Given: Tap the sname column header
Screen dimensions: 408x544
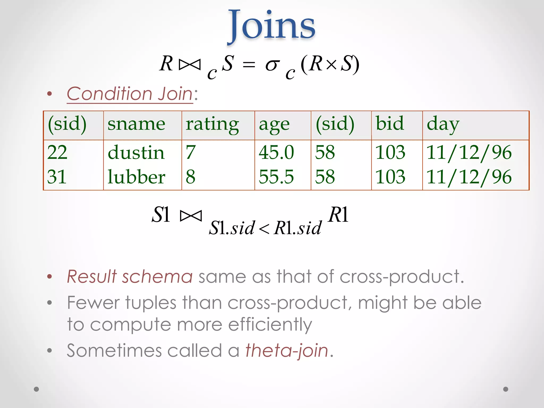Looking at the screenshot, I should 136,124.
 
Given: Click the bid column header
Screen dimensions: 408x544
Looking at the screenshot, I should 390,124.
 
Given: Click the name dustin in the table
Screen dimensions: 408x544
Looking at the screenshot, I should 136,153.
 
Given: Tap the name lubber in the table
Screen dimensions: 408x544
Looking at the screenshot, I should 136,177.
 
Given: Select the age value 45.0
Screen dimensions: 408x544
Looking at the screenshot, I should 276,153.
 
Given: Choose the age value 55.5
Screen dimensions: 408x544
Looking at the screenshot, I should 276,177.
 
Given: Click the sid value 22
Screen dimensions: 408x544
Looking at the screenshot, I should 57,153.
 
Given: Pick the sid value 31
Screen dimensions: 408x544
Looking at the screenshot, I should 57,177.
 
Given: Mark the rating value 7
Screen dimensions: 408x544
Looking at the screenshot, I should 191,153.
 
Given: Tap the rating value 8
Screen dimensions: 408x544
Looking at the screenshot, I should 191,177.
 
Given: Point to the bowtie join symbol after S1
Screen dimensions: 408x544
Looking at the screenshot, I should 191,216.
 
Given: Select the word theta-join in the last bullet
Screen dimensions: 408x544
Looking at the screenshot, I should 287,351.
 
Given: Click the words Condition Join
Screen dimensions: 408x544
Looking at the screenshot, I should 130,94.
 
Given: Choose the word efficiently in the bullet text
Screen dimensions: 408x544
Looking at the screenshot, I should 270,325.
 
